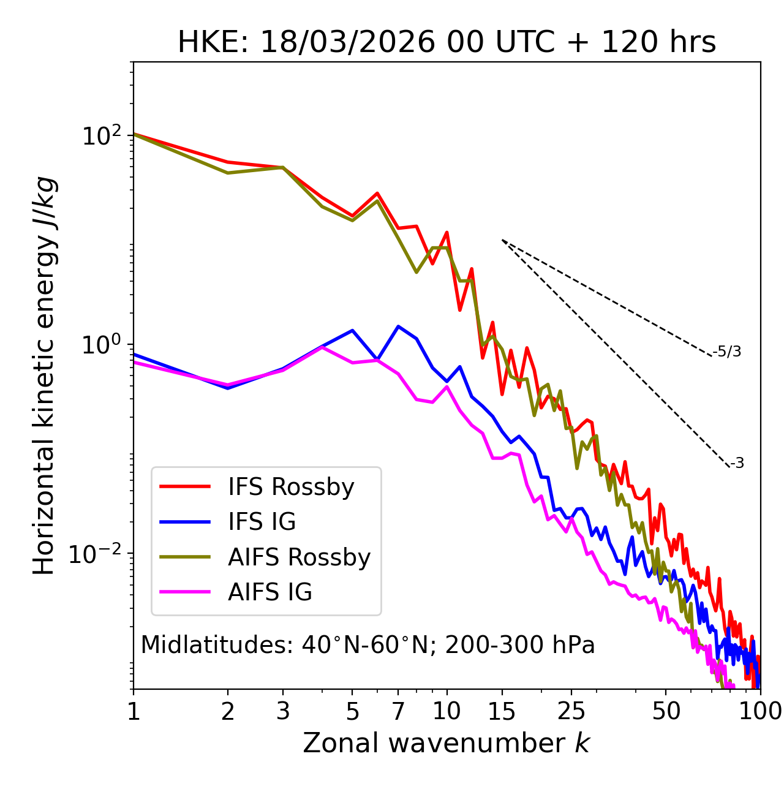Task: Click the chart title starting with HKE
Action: (447, 43)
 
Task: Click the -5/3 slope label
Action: (727, 352)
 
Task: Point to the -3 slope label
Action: (737, 464)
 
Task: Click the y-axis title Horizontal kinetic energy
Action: (45, 376)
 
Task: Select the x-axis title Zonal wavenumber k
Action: (447, 743)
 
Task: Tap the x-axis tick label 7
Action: (398, 711)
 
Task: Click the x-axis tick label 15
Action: (502, 711)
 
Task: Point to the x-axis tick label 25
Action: (571, 711)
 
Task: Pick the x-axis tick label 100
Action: (759, 711)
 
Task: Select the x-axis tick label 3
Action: (283, 711)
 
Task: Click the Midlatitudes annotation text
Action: (367, 645)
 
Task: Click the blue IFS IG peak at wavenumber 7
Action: (399, 327)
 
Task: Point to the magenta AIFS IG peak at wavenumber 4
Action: (322, 347)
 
